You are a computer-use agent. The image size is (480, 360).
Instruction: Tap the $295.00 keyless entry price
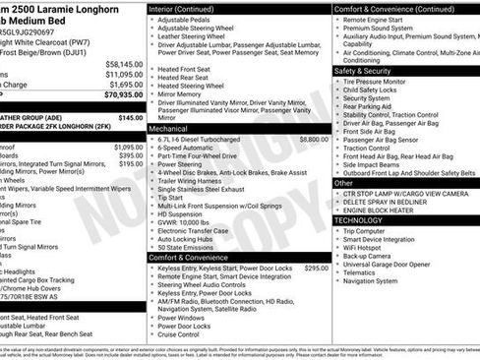point(316,268)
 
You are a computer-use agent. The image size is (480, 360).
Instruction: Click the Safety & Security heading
point(364,71)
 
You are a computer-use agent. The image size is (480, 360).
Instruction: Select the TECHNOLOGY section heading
point(359,220)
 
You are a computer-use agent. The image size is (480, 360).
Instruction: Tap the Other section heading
point(343,182)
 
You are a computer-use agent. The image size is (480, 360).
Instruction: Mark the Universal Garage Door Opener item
point(397,265)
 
